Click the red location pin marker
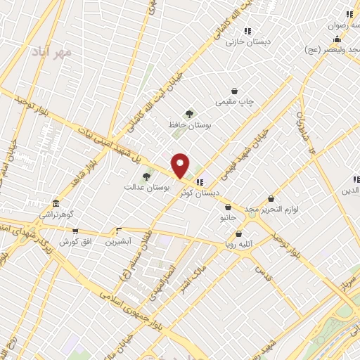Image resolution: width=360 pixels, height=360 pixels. click(180, 165)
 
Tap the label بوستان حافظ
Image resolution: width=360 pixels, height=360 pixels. click(185, 124)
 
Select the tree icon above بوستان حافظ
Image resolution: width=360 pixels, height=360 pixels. click(188, 114)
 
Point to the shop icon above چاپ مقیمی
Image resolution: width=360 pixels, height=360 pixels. click(234, 91)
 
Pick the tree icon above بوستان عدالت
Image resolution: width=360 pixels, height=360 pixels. click(146, 176)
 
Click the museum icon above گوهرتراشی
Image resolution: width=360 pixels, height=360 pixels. click(56, 203)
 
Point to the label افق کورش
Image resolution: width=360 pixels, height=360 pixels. click(73, 241)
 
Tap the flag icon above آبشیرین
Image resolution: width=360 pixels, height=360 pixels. click(119, 231)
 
